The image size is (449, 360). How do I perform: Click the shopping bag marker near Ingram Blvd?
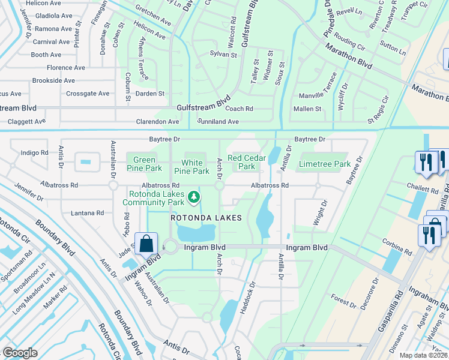tap(146, 244)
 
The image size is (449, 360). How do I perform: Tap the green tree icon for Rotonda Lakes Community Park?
tap(193, 196)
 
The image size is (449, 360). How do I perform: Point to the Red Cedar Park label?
tap(246, 161)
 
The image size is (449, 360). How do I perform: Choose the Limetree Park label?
tap(325, 164)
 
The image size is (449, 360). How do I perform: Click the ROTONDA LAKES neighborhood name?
tap(206, 218)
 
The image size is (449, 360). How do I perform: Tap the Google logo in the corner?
tap(20, 352)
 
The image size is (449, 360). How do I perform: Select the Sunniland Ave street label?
tap(218, 122)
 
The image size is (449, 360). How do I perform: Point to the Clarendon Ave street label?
tap(158, 122)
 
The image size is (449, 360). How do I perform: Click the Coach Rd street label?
tap(239, 109)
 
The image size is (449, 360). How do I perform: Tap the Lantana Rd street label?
tap(86, 213)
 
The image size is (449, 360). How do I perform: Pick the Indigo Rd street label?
tap(34, 153)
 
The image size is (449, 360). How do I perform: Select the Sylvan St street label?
tap(223, 55)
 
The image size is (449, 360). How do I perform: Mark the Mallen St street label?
tap(307, 109)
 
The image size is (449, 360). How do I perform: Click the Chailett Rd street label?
tap(421, 189)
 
